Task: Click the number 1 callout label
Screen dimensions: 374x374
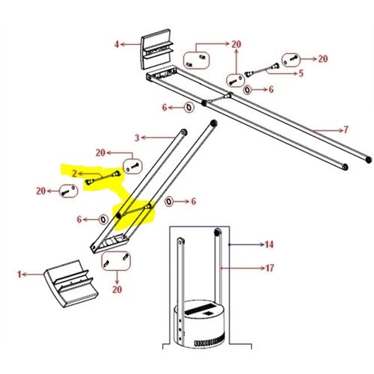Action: [21, 275]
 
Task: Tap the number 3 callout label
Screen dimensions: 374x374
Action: [138, 138]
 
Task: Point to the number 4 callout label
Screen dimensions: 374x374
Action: [117, 44]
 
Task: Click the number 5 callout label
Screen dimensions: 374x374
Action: [301, 73]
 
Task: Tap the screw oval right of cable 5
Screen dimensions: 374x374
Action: [290, 58]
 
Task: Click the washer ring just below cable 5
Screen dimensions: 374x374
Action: [248, 89]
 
